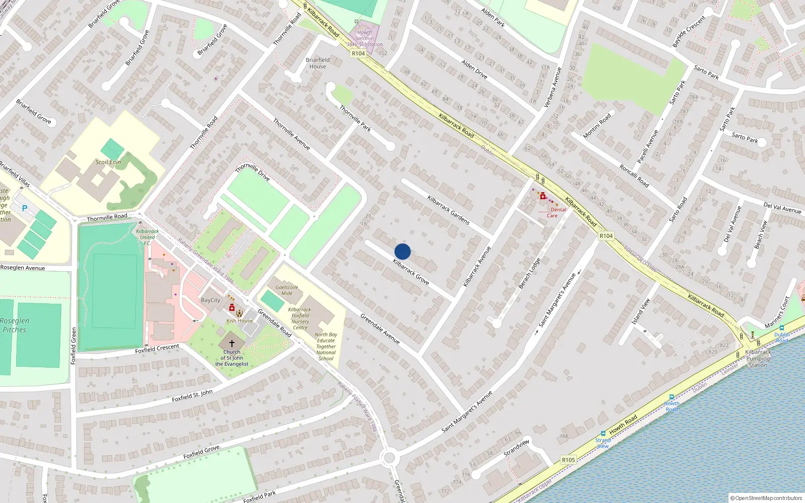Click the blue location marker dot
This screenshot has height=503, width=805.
point(403,251)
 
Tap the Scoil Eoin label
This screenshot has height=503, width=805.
point(108,162)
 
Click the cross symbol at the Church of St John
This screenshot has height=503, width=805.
point(231,343)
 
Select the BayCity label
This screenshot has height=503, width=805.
point(210,300)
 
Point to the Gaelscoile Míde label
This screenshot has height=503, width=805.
point(287,290)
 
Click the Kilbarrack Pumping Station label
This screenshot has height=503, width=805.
point(758,359)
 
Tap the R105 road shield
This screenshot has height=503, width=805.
point(568,460)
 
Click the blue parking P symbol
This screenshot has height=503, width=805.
point(24,208)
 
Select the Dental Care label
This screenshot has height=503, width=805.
point(555,213)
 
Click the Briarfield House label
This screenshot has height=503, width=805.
point(317,63)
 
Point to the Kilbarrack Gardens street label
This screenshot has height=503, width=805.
point(448,210)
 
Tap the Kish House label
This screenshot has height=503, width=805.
point(239,320)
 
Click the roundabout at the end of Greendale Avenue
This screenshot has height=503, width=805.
point(389,458)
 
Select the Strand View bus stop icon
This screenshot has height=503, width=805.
point(603,434)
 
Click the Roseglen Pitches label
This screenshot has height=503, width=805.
point(15,325)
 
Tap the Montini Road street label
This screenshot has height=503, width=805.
point(597,126)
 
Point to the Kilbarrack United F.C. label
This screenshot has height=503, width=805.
point(147,237)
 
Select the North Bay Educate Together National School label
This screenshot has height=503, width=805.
point(326,347)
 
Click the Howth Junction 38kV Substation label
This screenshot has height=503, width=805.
point(365,38)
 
